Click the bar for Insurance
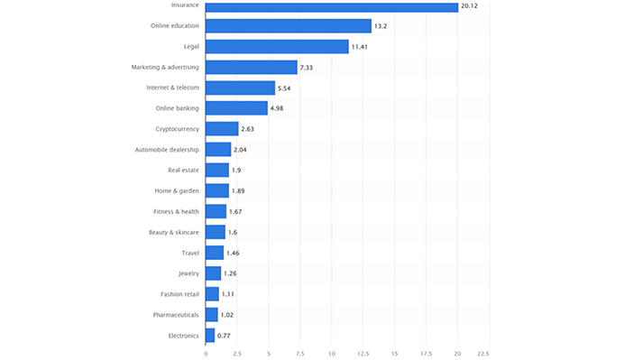tap(332, 6)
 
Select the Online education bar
tap(289, 26)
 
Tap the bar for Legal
tap(277, 47)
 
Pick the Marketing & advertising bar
tap(252, 68)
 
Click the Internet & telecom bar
tap(240, 88)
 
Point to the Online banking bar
tap(236, 108)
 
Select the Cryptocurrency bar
tap(222, 129)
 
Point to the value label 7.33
tap(308, 68)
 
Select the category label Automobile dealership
tap(166, 150)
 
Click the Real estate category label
tap(183, 171)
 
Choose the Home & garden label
tap(178, 191)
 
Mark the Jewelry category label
tap(188, 273)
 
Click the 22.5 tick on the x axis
tap(482, 353)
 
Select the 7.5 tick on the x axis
tap(300, 353)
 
